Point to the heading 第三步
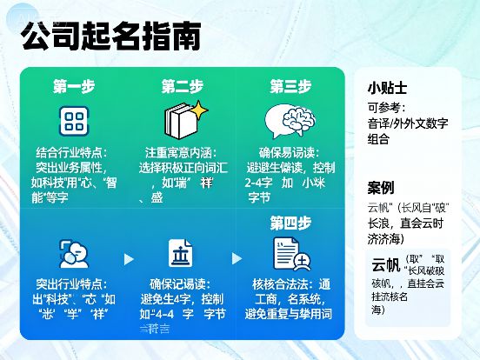(290, 86)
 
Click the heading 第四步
(290, 222)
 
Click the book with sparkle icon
(183, 119)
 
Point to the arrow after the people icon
(129, 258)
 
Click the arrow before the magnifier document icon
(237, 258)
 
